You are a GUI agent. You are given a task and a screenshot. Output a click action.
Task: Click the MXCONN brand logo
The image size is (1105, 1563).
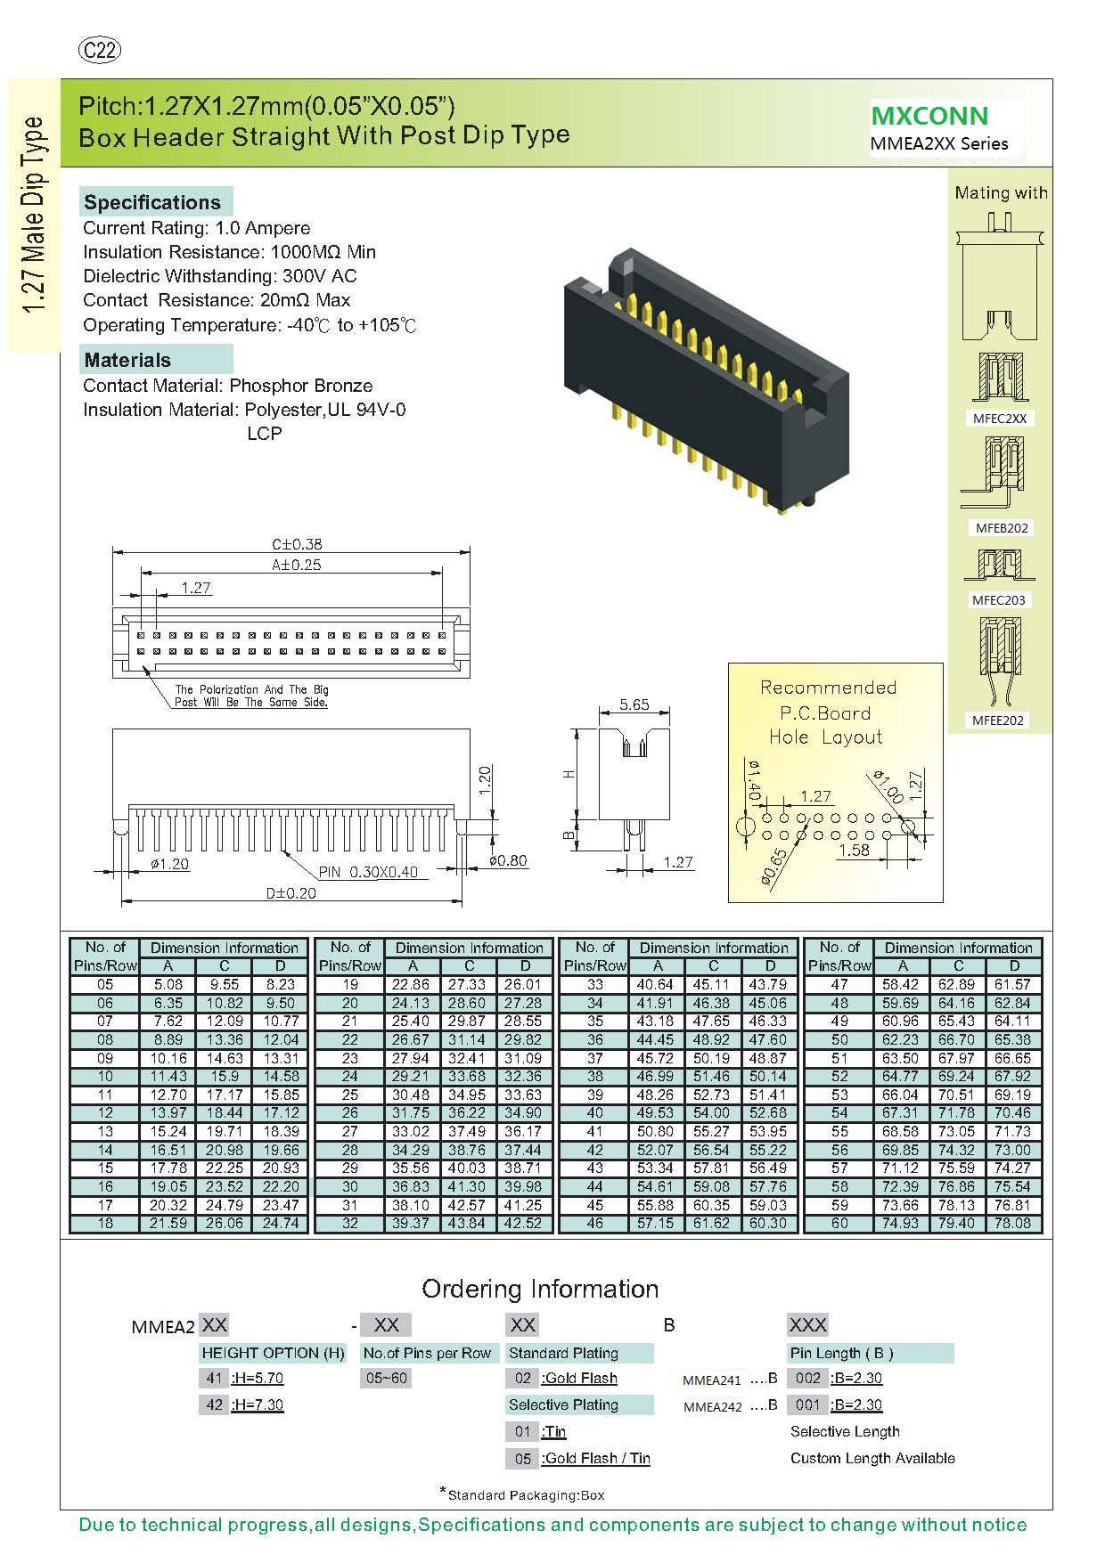[x=929, y=116]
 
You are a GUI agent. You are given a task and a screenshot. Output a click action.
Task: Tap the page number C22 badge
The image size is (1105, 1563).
[x=99, y=51]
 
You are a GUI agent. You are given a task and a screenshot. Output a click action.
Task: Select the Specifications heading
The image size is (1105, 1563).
[x=152, y=202]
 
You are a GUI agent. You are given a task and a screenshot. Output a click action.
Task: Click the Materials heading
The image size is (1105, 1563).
[x=127, y=360]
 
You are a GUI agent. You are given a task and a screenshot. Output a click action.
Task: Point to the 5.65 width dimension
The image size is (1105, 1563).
[x=634, y=704]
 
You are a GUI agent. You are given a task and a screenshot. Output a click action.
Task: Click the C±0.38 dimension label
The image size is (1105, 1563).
[x=297, y=543]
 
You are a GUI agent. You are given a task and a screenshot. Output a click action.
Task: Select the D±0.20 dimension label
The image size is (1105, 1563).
[x=291, y=892]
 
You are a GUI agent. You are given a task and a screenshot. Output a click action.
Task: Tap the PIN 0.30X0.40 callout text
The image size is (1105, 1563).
[x=368, y=872]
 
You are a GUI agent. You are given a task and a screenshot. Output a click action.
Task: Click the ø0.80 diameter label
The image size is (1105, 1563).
[x=508, y=860]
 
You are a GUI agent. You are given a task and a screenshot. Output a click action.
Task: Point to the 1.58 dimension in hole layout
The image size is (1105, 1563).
[x=854, y=850]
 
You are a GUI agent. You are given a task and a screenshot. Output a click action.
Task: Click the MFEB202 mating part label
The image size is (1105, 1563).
[x=1002, y=528]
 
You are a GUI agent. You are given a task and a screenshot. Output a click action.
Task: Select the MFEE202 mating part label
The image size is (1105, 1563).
[x=998, y=720]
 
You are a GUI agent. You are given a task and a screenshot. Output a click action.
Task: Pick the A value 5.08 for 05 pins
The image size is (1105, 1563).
[x=168, y=984]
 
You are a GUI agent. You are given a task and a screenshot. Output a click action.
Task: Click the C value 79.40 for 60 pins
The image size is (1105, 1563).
[x=957, y=1223]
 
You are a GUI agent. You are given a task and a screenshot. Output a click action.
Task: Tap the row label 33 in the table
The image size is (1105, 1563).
[x=594, y=984]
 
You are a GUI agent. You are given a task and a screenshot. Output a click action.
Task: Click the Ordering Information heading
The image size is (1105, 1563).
[x=540, y=1289]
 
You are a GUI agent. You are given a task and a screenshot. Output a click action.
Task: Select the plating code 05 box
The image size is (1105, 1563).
[x=523, y=1459]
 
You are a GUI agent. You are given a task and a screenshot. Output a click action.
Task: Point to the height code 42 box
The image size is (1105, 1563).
[x=214, y=1404]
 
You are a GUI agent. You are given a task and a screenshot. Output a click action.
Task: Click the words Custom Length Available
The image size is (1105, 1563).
[x=872, y=1458]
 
